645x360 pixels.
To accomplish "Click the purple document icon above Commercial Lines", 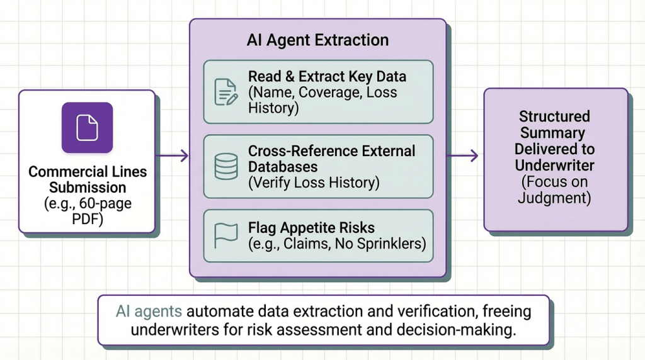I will pyautogui.click(x=87, y=128).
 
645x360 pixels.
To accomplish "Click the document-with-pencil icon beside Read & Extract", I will pyautogui.click(x=225, y=92).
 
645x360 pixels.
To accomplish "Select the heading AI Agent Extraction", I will pyautogui.click(x=317, y=41).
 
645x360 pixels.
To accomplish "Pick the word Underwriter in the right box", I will pyautogui.click(x=554, y=165).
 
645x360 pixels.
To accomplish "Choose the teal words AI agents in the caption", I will pyautogui.click(x=149, y=311).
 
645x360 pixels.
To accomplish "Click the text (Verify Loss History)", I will pyautogui.click(x=314, y=183).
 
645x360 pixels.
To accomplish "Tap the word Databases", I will pyautogui.click(x=282, y=167).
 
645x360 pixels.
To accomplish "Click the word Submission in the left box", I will pyautogui.click(x=88, y=188).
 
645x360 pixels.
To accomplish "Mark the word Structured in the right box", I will pyautogui.click(x=554, y=116).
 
